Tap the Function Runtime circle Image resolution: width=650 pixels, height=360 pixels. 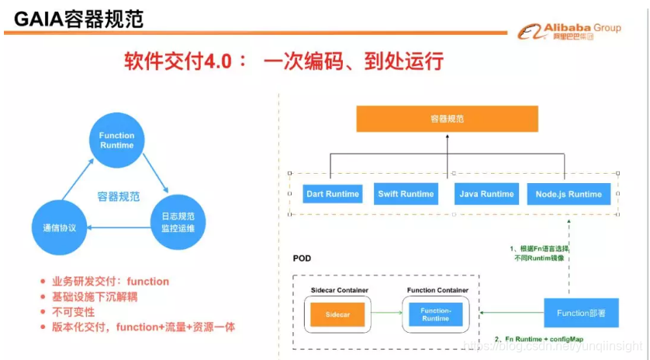coord(117,140)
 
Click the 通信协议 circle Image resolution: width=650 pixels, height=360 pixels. coord(57,228)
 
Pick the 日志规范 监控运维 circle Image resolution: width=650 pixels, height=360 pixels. coord(178,222)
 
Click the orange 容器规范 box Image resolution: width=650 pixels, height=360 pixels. coord(447,119)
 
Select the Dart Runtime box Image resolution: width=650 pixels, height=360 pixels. coord(333,194)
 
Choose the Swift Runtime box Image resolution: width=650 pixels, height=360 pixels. coord(406,194)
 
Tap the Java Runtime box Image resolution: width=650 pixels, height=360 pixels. coord(486,194)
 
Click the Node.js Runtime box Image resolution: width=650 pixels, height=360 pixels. coord(569,194)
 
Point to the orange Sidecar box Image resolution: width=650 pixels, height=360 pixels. coord(337,313)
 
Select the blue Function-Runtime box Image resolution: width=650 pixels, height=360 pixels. coord(435,313)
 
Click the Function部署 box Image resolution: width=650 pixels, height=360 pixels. coord(581,313)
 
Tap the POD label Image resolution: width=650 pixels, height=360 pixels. coord(303,258)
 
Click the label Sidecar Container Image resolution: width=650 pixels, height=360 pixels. coord(339,290)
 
